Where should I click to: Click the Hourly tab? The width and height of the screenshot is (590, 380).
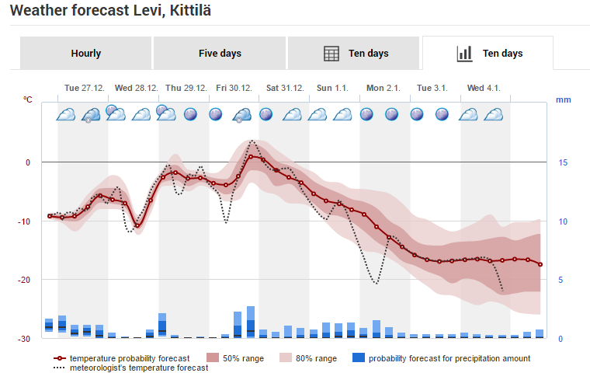(86, 53)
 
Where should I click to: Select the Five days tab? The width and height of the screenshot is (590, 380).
(220, 53)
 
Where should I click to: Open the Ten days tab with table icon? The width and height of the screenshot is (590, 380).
(354, 53)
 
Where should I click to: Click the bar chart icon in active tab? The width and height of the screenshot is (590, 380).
(464, 54)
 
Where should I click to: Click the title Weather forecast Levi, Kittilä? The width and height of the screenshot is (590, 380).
(110, 10)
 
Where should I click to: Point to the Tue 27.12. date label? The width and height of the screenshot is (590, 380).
(85, 88)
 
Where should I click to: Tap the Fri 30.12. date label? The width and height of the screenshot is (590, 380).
(234, 88)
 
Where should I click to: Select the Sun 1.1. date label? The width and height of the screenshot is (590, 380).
(332, 88)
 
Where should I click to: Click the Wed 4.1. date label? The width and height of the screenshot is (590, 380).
(484, 88)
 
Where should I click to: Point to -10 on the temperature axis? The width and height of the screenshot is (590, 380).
(24, 221)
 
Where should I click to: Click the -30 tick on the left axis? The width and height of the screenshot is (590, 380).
(24, 339)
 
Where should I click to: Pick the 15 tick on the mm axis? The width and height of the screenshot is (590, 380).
(563, 162)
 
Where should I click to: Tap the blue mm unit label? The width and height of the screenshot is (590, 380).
(564, 99)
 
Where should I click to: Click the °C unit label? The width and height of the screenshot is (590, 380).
(27, 99)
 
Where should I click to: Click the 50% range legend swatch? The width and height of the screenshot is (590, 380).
(213, 357)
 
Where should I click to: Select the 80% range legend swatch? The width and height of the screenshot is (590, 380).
(286, 357)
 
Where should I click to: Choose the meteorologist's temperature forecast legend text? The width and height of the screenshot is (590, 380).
(139, 368)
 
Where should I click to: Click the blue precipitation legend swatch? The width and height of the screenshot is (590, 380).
(359, 357)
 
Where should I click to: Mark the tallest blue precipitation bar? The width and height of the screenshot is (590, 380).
(251, 322)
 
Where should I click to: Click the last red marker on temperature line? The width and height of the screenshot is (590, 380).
(540, 264)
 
